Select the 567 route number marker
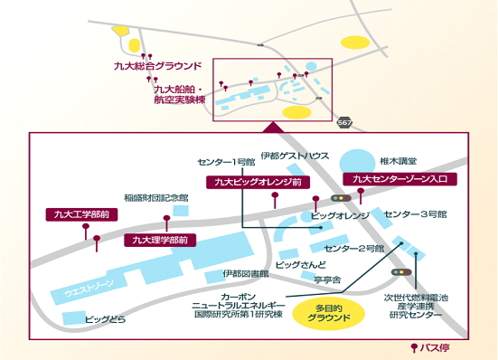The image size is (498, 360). pos(344,120)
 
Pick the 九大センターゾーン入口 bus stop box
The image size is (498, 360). pos(404,179)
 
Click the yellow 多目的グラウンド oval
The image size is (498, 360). pos(333,316)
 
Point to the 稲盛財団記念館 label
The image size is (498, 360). pos(156,197)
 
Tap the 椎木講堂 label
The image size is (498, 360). pos(398,156)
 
